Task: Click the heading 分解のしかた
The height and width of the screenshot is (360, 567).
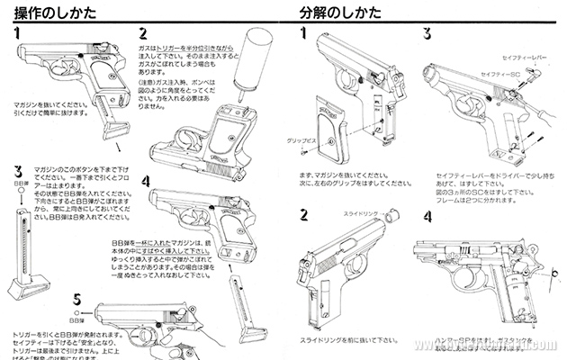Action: point(337,11)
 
